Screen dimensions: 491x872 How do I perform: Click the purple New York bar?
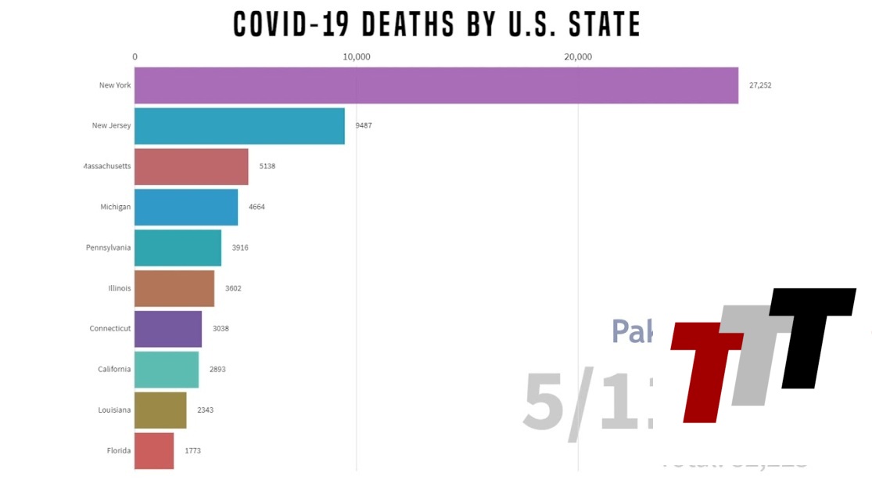tap(436, 85)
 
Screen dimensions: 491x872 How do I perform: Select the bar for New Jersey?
tap(239, 125)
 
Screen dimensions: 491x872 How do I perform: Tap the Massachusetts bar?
tap(191, 166)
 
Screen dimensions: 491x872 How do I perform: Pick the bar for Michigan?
tap(186, 207)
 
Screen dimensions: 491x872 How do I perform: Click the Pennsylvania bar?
tap(178, 247)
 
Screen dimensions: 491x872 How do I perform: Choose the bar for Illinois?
tap(174, 288)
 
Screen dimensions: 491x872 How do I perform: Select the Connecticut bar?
tap(168, 329)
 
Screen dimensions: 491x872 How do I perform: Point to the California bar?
tap(167, 370)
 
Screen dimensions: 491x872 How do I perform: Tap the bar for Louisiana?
tap(160, 410)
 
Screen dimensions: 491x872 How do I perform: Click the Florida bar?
tap(154, 451)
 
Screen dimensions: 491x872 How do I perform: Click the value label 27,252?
tap(759, 85)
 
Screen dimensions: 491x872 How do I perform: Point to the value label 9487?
tap(364, 125)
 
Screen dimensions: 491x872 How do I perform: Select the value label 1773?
tap(192, 451)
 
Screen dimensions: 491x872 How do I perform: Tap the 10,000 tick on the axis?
tap(357, 56)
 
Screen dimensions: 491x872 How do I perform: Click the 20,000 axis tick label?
tap(578, 56)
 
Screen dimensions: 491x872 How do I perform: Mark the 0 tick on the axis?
tap(135, 56)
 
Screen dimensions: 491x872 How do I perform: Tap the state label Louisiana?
tap(114, 410)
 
